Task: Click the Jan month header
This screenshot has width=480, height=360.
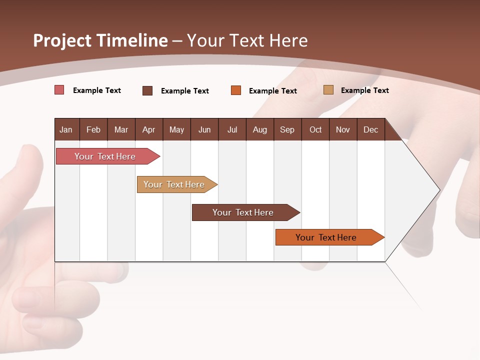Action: click(66, 129)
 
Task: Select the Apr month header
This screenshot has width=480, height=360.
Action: click(148, 129)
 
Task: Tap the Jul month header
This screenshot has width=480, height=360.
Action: click(232, 129)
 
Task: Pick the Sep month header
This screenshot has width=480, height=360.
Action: click(287, 129)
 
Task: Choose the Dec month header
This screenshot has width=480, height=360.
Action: click(370, 129)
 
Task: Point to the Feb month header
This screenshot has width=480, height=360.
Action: click(93, 129)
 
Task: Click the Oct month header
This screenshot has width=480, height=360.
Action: click(315, 129)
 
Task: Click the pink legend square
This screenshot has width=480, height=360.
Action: click(59, 90)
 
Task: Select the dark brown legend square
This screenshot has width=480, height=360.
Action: click(147, 90)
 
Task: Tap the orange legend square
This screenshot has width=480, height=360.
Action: click(236, 90)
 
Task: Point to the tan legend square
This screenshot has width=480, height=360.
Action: click(328, 90)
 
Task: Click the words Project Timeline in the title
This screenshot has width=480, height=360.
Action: click(100, 40)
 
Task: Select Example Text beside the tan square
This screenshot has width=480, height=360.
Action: click(364, 90)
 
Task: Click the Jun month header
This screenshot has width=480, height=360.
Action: click(204, 129)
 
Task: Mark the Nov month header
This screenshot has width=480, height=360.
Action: click(343, 129)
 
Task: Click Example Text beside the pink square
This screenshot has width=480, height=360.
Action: click(97, 90)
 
